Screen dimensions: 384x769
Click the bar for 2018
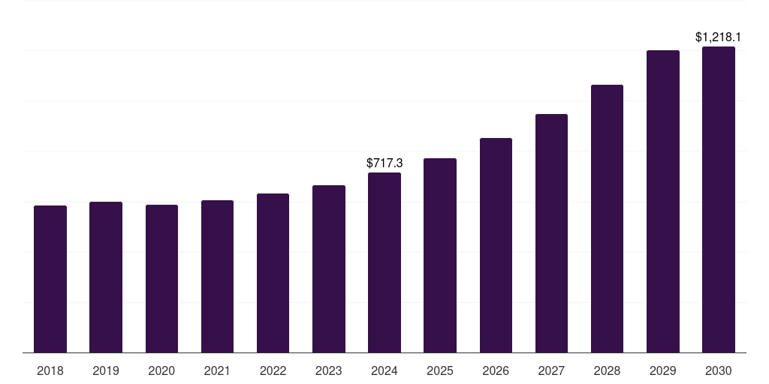pyautogui.click(x=50, y=279)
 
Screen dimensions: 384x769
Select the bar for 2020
pyautogui.click(x=161, y=278)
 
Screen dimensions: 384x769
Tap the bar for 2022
pyautogui.click(x=273, y=273)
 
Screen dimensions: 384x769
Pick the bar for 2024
pyautogui.click(x=384, y=262)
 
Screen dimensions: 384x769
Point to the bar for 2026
pyautogui.click(x=496, y=245)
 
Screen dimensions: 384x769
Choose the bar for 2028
pyautogui.click(x=607, y=218)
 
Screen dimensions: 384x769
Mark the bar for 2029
pyautogui.click(x=663, y=201)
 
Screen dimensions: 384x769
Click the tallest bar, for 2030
pyautogui.click(x=719, y=199)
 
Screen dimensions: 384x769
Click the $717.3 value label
pyautogui.click(x=384, y=163)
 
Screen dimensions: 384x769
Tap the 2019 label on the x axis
pyautogui.click(x=106, y=370)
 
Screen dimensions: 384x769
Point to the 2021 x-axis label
pyautogui.click(x=217, y=370)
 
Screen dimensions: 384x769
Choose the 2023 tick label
pyautogui.click(x=329, y=370)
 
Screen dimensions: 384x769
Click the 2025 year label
pyautogui.click(x=440, y=370)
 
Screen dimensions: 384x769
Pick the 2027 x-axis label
pyautogui.click(x=551, y=370)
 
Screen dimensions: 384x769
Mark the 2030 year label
pyautogui.click(x=719, y=370)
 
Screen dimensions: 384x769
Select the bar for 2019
pyautogui.click(x=106, y=277)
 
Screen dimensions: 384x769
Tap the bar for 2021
pyautogui.click(x=217, y=276)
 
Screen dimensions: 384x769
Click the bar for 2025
pyautogui.click(x=440, y=255)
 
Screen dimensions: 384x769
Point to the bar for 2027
pyautogui.click(x=551, y=233)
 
